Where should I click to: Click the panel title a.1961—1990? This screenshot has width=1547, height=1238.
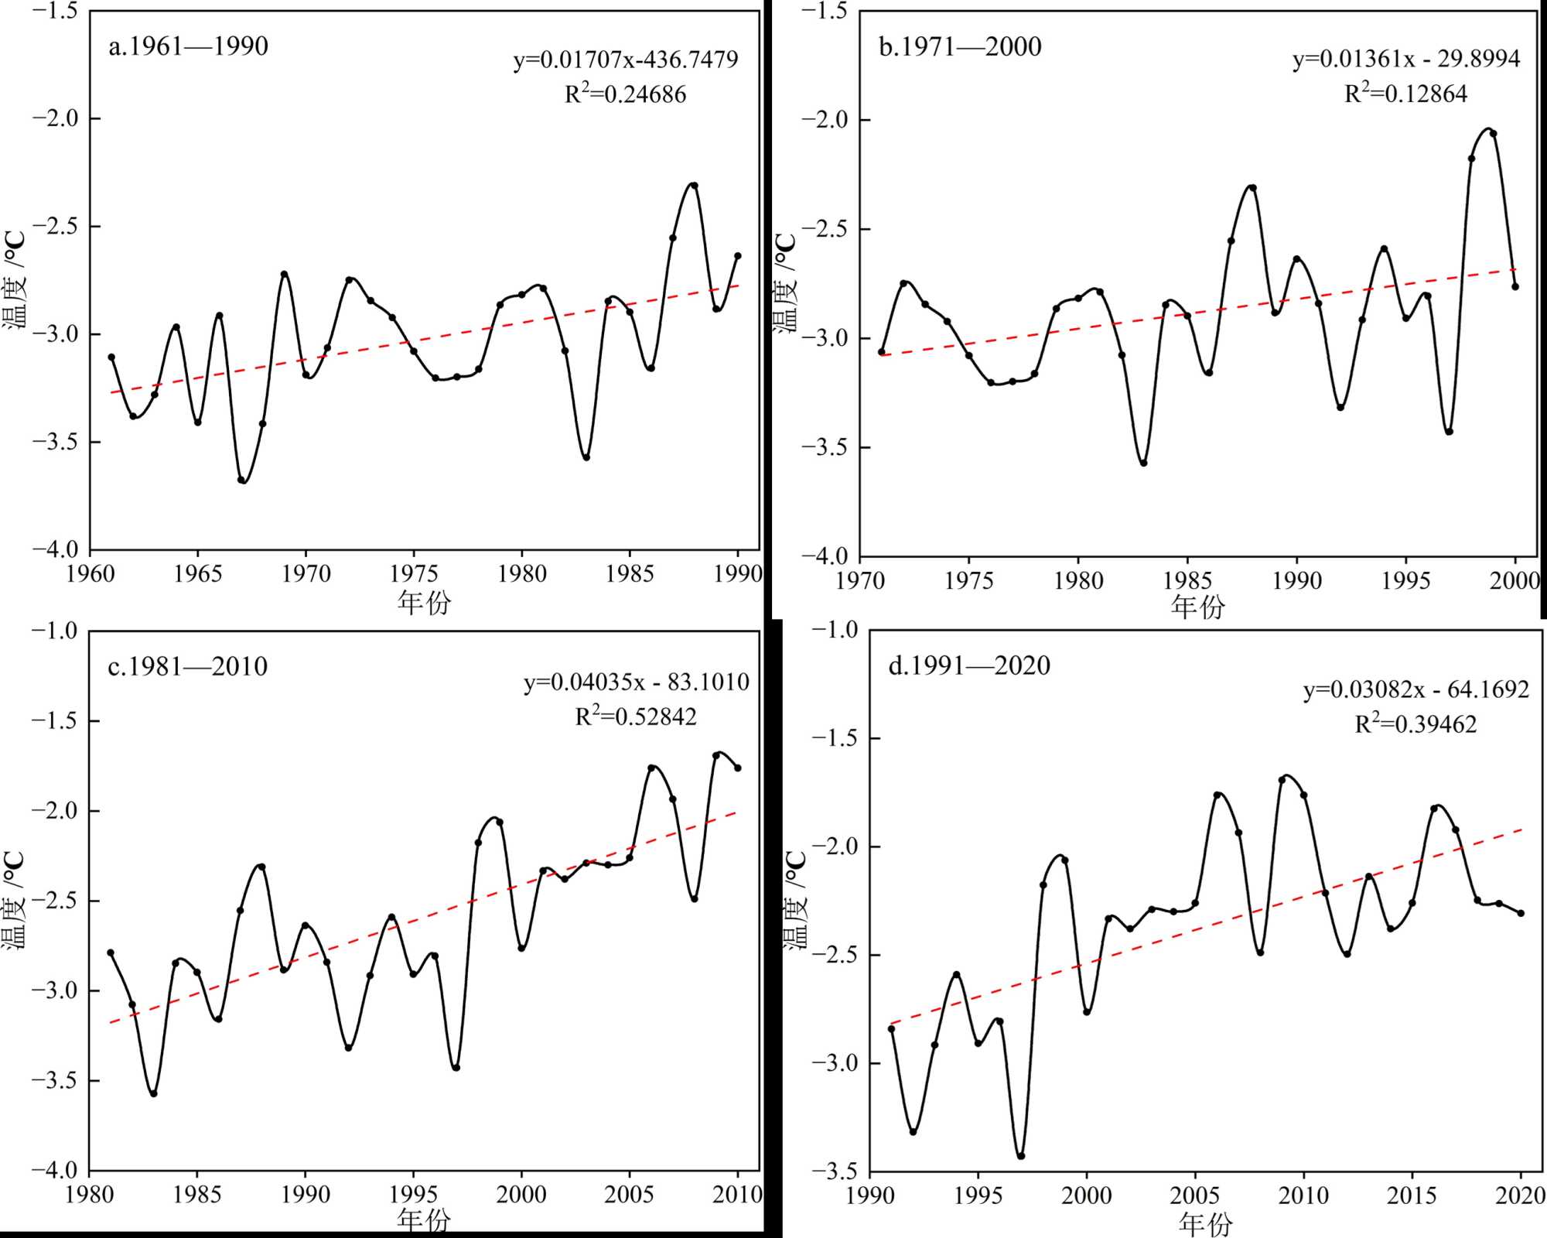click(x=188, y=46)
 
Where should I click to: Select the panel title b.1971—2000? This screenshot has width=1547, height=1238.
click(x=960, y=46)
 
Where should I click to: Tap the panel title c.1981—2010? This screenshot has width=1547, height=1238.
click(x=187, y=666)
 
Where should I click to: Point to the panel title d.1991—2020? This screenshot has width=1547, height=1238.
click(x=968, y=665)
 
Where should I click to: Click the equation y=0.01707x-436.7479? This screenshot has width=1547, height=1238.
click(x=625, y=60)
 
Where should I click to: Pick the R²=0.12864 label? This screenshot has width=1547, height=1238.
click(x=1405, y=94)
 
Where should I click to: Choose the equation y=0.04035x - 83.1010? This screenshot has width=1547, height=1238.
click(x=636, y=682)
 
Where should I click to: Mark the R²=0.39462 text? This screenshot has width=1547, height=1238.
click(x=1416, y=724)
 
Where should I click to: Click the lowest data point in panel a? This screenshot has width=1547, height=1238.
click(x=241, y=480)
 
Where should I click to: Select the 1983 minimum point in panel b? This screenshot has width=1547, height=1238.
click(x=1143, y=463)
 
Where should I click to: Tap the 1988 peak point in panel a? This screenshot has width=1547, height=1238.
click(x=694, y=186)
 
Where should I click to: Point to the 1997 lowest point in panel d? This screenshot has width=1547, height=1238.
click(x=1021, y=1156)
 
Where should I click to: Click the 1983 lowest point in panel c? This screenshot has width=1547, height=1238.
click(x=154, y=1093)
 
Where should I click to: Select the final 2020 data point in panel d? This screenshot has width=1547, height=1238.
click(x=1521, y=913)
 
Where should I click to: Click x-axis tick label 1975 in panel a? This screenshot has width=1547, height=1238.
click(x=414, y=574)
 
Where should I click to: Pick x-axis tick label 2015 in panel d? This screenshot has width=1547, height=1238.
click(x=1412, y=1195)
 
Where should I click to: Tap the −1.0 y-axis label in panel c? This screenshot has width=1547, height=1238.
click(x=54, y=631)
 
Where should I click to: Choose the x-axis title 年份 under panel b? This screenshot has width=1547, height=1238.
click(x=1197, y=607)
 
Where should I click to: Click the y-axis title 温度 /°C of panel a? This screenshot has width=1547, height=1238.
click(x=15, y=280)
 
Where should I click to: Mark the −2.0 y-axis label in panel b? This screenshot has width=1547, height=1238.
click(x=825, y=120)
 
